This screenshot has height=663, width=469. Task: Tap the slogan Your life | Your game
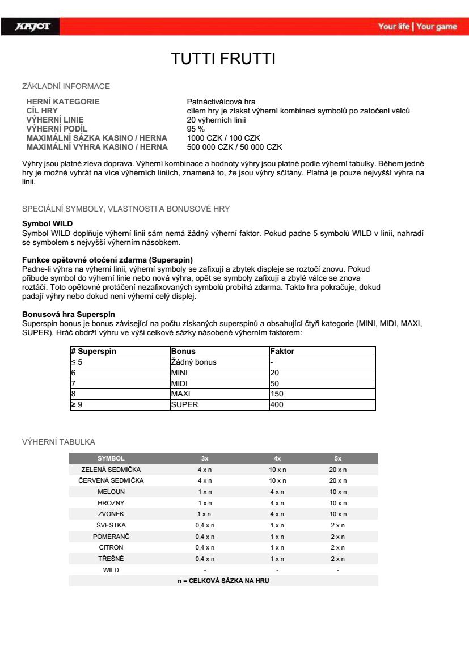(417, 27)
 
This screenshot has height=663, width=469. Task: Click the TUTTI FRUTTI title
(223, 60)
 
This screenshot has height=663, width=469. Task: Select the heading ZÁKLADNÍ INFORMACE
(66, 87)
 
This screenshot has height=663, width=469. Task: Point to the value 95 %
(196, 129)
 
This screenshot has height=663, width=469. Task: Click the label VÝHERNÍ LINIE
(55, 120)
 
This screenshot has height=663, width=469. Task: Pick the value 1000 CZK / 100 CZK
(223, 138)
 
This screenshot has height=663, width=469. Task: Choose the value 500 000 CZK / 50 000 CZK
(234, 147)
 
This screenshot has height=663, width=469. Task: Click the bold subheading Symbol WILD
(47, 224)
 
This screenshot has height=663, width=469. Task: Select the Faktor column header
(282, 352)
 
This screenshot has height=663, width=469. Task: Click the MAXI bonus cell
(180, 394)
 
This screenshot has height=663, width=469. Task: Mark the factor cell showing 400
(277, 404)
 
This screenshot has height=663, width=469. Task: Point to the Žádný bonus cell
(193, 362)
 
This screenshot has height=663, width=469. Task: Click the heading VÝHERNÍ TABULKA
(58, 442)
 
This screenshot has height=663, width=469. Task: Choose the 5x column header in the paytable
(338, 458)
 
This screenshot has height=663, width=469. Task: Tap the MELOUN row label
(111, 492)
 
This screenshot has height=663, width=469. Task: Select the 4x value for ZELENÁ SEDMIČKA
(277, 470)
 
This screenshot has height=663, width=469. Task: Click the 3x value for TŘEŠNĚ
(205, 559)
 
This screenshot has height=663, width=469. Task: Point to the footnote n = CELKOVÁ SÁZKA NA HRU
(223, 581)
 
